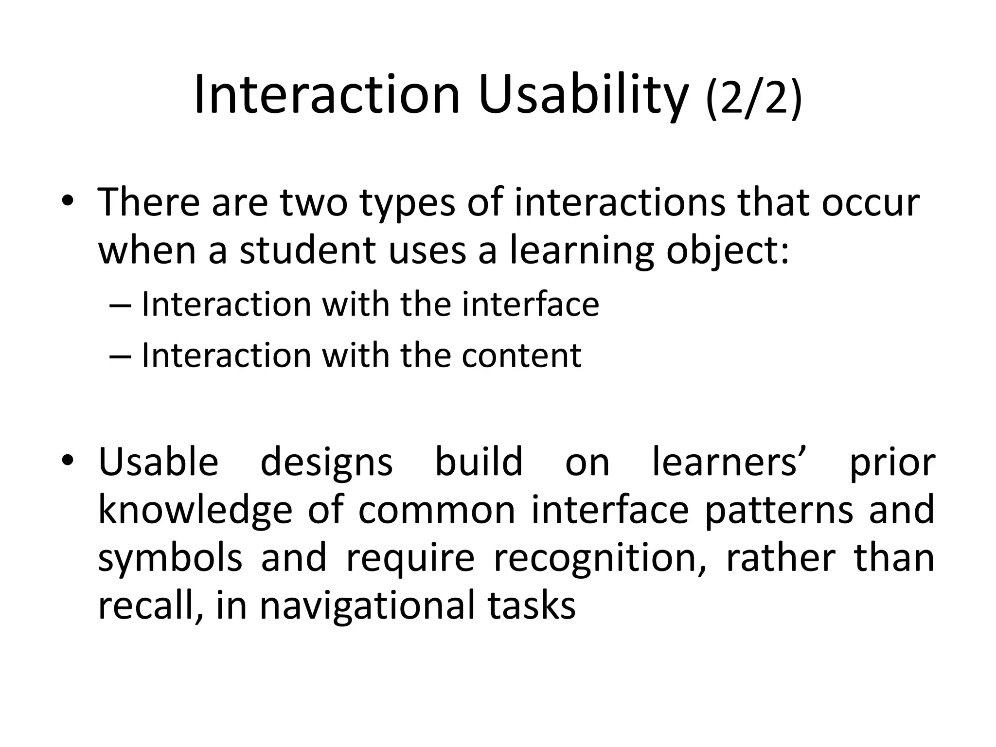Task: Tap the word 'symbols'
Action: click(x=170, y=558)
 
